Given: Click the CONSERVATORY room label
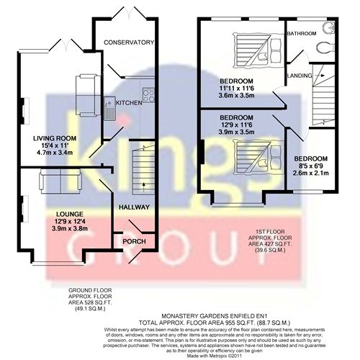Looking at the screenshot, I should [129, 42].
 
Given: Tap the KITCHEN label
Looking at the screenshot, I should [129, 103].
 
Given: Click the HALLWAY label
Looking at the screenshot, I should [134, 207].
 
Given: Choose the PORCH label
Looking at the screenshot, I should [134, 241].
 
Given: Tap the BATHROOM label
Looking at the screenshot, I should [302, 33].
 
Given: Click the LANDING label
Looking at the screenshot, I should [300, 75].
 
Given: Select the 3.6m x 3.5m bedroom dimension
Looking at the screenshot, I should [236, 94].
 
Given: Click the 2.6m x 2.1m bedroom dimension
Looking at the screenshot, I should [310, 173].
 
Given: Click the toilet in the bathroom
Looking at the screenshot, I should [322, 48].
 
